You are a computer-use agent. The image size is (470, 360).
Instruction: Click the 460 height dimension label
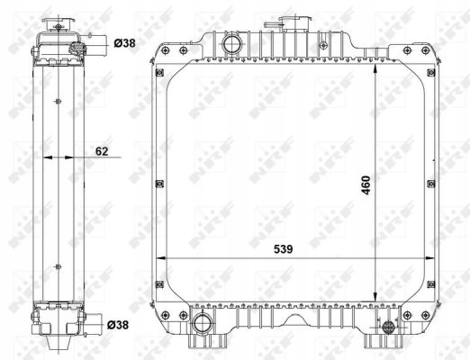366,185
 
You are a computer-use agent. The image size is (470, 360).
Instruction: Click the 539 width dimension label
283,249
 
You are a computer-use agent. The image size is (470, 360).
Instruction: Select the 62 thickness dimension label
102,151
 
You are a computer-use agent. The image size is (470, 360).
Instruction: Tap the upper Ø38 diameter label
124,43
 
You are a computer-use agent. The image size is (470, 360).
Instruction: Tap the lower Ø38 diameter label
118,324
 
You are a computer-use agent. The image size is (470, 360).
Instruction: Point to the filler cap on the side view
58,24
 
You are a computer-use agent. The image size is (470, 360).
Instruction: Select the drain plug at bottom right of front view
388,327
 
